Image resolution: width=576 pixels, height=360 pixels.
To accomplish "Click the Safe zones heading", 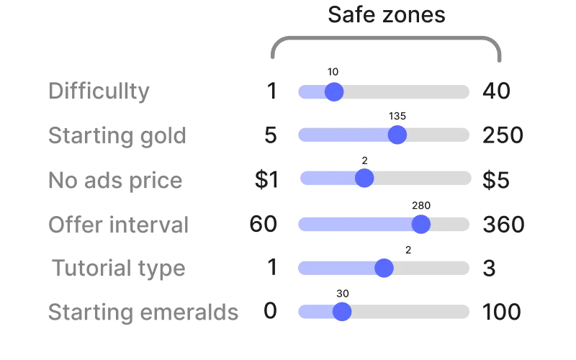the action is (387, 14).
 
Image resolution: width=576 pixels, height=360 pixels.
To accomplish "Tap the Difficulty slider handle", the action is (334, 92).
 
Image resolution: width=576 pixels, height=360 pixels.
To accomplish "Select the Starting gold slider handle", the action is (397, 135).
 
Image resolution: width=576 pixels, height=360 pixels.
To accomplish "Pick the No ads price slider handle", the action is (364, 178).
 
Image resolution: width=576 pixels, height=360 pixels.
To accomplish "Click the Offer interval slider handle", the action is (421, 224).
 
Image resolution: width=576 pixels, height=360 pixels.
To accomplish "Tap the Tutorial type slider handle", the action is (384, 268).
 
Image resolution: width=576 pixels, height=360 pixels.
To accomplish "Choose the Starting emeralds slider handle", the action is (342, 312).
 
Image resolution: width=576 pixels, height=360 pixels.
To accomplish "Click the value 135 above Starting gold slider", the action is (397, 116).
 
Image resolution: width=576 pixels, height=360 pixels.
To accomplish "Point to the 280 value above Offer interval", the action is (421, 205).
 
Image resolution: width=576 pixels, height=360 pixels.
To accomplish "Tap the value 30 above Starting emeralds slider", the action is (343, 294).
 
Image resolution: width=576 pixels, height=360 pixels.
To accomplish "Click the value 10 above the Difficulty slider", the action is (333, 72).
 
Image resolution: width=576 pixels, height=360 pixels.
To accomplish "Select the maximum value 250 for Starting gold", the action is (503, 135).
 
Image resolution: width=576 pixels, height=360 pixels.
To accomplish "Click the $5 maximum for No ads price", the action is (496, 180).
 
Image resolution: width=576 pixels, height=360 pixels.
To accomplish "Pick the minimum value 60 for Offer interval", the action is (263, 224).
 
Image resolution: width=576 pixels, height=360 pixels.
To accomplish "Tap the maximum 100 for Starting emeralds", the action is (501, 312).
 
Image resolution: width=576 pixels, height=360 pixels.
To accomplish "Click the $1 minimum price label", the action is (266, 179).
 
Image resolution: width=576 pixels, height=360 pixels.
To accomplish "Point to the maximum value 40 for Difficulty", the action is (496, 91).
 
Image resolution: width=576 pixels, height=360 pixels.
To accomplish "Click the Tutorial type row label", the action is (119, 268).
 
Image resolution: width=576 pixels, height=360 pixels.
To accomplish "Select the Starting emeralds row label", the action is (143, 312).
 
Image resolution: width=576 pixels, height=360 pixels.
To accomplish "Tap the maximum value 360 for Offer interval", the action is (503, 225).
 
